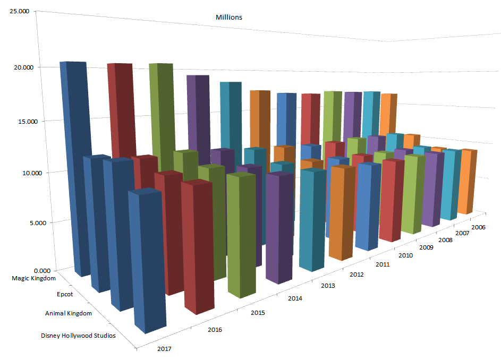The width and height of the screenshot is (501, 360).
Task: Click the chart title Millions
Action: [x=228, y=18]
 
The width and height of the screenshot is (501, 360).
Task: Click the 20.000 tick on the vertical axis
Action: [x=21, y=67]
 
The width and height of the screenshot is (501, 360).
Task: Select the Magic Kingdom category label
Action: [x=34, y=278]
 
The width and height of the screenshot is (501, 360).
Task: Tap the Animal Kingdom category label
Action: [x=69, y=313]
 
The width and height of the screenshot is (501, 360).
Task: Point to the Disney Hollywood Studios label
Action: [x=78, y=336]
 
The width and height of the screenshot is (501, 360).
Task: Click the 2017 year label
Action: [x=165, y=349]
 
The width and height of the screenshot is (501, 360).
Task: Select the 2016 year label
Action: [x=215, y=330]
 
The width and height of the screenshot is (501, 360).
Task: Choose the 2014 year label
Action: [x=295, y=299]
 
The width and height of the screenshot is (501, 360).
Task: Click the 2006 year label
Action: [x=478, y=227]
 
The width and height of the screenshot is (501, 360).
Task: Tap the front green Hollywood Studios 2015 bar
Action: [x=241, y=234]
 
